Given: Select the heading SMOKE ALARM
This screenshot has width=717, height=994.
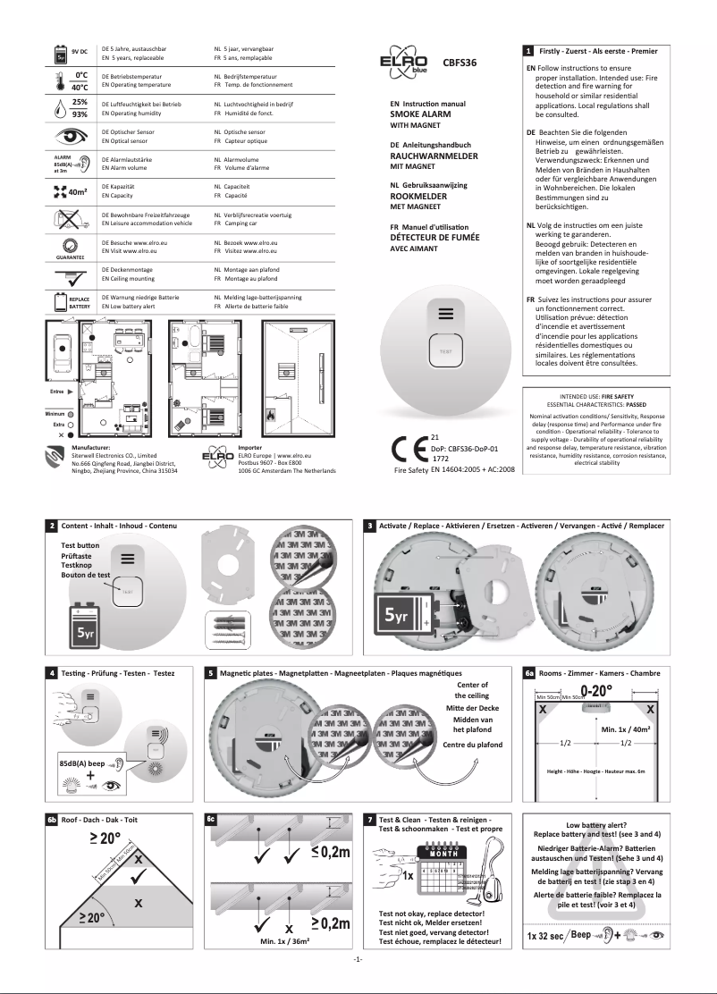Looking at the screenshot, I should (421, 115).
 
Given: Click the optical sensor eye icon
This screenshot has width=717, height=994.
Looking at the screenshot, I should (67, 137).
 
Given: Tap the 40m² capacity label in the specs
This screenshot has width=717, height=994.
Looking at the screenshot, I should (77, 190).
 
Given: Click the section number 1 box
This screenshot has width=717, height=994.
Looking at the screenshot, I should (530, 51).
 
